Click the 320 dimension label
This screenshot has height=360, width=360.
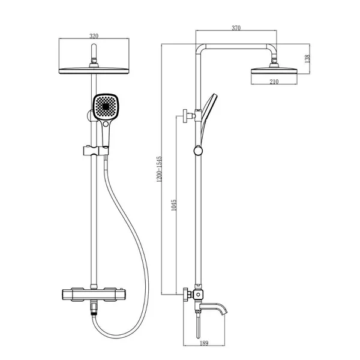click(94, 36)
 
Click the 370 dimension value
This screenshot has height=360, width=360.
click(236, 28)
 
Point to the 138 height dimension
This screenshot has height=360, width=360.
click(307, 59)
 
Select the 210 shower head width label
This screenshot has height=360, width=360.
click(274, 82)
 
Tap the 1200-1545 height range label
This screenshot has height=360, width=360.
click(160, 169)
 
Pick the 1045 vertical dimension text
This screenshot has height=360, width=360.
click(174, 205)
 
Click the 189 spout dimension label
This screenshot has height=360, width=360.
click(204, 343)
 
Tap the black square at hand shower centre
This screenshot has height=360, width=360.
click(106, 107)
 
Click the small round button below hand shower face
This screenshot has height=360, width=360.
click(106, 124)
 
